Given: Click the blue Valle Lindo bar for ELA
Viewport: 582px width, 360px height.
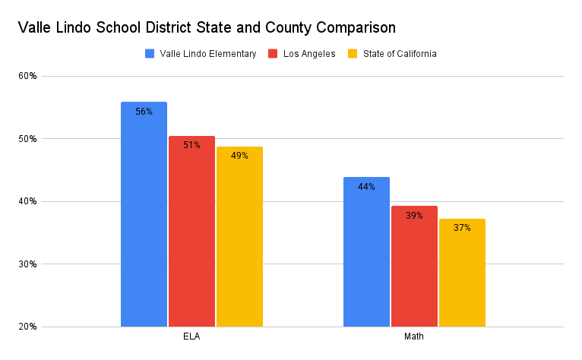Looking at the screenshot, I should click(144, 220).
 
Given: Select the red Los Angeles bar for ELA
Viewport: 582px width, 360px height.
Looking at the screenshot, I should click(191, 235).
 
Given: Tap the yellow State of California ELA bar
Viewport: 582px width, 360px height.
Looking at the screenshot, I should click(239, 239).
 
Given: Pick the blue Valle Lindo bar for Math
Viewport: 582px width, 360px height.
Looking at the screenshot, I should click(366, 254).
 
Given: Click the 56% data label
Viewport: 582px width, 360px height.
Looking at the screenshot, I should click(144, 112).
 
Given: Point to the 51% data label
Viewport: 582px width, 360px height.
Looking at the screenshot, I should click(191, 145).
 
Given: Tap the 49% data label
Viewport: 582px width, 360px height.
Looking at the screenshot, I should click(239, 156).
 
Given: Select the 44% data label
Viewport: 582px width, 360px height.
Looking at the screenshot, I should click(366, 187).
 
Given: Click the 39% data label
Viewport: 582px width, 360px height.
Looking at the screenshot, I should click(414, 216).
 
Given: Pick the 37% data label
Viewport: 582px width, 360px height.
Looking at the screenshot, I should click(462, 227).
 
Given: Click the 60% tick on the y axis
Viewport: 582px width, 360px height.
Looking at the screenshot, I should click(28, 76).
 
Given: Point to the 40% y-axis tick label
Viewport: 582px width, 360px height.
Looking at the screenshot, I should click(28, 201).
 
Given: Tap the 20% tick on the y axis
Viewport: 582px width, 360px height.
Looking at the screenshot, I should click(28, 327).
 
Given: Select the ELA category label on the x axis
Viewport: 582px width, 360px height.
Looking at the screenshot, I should click(191, 336).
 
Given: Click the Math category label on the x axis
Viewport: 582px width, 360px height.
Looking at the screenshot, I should click(414, 336).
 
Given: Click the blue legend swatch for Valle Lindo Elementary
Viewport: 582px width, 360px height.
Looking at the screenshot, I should click(150, 54).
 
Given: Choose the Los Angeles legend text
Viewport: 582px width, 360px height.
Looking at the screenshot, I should click(309, 54).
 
